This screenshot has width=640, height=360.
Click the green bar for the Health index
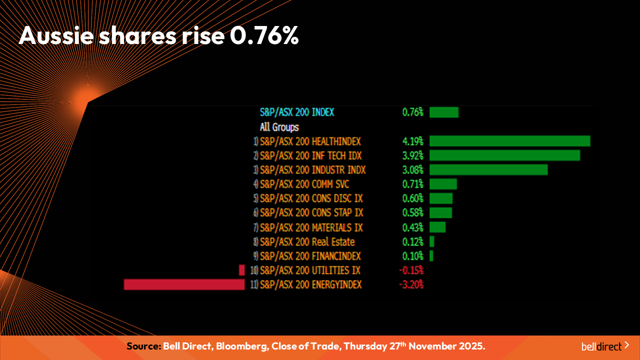[x=509, y=141]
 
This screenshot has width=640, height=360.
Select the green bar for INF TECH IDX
[x=504, y=155]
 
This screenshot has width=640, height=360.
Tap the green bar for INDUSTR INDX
[x=488, y=170]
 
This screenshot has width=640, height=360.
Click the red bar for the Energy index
[x=184, y=284]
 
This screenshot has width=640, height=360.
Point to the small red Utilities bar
[x=242, y=270]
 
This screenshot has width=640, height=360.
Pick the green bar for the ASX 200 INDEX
[x=443, y=112]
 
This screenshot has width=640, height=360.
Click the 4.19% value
[x=413, y=141]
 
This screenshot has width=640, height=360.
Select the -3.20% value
[x=411, y=284]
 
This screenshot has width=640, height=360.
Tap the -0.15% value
[x=411, y=270]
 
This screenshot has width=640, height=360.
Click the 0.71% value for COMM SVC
[x=413, y=184]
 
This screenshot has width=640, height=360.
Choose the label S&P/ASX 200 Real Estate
[x=307, y=242]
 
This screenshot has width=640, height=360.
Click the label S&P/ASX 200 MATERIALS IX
[x=311, y=227]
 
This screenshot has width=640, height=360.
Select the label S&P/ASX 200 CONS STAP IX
[x=311, y=212]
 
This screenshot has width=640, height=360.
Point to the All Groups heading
[x=279, y=127]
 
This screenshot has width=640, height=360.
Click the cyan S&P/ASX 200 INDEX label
[x=297, y=112]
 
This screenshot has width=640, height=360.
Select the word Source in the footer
[x=143, y=346]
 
